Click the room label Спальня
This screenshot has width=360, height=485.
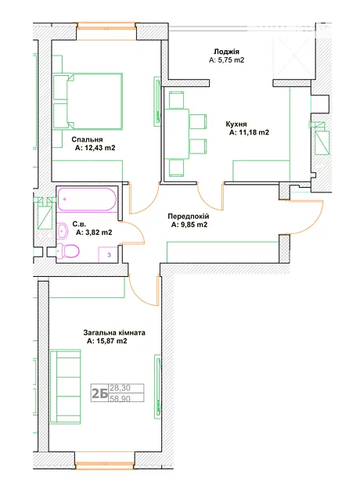pos(87,139)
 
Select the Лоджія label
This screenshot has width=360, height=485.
pos(227,52)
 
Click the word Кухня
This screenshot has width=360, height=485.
pos(236,124)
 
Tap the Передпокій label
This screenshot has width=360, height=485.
pos(189,216)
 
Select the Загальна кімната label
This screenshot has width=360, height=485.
pos(114,332)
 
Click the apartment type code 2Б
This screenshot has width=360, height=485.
pos(99,393)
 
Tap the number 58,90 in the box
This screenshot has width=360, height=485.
pos(120,398)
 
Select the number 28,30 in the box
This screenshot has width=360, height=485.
pos(120,388)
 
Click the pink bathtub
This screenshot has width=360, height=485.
pos(87,199)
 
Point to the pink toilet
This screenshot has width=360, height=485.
pos(68,250)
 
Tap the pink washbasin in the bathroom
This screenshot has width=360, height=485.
pos(63,231)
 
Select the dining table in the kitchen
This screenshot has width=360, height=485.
pos(177,134)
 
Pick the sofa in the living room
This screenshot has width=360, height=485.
pos(65,386)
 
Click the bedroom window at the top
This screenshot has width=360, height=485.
pos(106,31)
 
